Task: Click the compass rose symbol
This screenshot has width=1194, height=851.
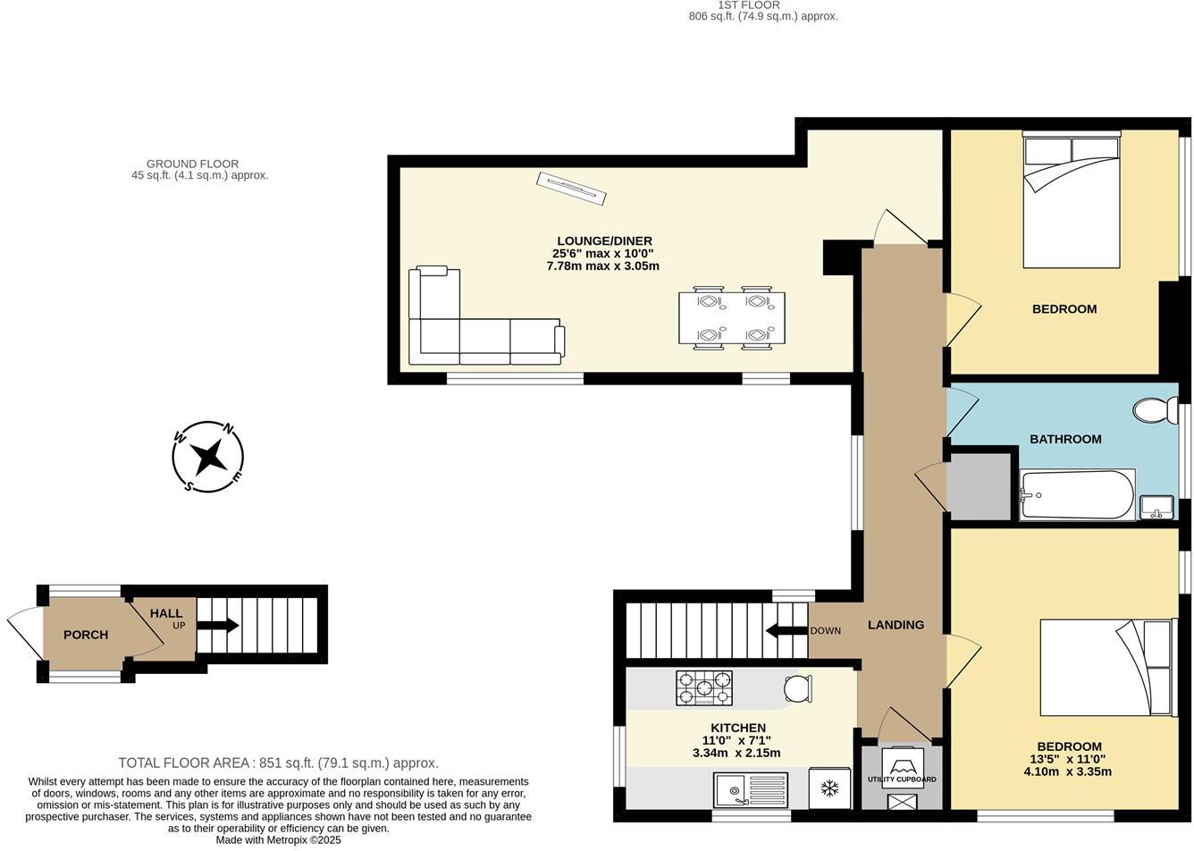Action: (208, 457)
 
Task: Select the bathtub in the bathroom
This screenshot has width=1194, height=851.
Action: (1077, 494)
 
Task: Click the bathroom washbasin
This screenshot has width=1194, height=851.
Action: (1156, 507)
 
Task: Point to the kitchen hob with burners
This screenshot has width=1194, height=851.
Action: (703, 688)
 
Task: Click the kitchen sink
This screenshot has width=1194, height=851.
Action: (751, 790)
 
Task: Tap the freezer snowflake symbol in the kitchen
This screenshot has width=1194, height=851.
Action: (829, 788)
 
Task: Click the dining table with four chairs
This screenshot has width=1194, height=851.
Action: (732, 317)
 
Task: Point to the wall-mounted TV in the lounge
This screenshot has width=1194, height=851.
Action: (571, 188)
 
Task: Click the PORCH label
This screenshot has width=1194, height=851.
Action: (86, 635)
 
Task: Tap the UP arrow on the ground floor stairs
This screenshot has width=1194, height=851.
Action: (217, 625)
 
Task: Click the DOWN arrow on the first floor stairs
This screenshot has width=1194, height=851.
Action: (786, 630)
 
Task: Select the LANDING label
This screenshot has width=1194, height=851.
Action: (895, 625)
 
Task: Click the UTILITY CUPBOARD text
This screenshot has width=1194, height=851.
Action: (902, 779)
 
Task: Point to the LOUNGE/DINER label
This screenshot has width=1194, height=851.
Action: (604, 240)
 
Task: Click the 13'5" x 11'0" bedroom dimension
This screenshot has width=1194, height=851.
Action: (1069, 759)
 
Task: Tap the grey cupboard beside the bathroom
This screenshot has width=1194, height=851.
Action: (979, 486)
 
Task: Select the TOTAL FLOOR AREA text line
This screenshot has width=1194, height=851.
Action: (278, 763)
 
